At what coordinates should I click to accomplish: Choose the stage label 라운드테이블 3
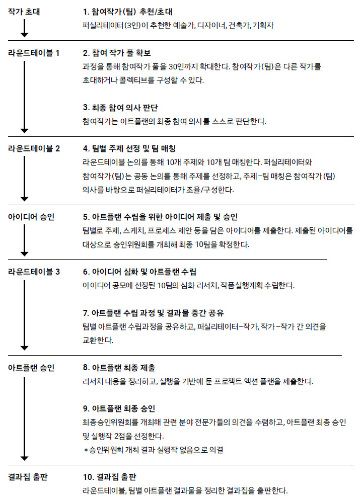pyautogui.click(x=34, y=272)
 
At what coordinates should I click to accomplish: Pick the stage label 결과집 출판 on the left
pyautogui.click(x=28, y=476)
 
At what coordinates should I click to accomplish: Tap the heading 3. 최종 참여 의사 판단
pyautogui.click(x=121, y=108)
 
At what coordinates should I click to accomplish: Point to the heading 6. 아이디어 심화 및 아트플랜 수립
pyautogui.click(x=139, y=272)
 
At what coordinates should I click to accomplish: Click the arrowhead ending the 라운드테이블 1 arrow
pyautogui.click(x=24, y=129)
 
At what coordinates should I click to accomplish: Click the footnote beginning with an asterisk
pyautogui.click(x=153, y=449)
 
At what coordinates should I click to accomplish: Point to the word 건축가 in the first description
pyautogui.click(x=238, y=25)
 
